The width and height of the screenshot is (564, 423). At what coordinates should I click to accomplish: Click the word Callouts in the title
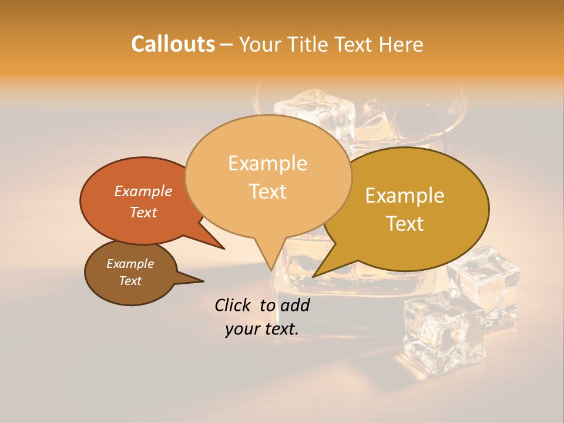(x=173, y=44)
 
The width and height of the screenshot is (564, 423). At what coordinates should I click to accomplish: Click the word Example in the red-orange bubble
(x=143, y=191)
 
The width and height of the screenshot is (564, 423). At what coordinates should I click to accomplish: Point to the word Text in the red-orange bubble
(x=143, y=212)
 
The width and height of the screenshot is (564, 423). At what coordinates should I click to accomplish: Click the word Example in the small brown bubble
(x=130, y=264)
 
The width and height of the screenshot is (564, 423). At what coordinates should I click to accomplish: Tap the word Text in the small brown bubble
(x=130, y=281)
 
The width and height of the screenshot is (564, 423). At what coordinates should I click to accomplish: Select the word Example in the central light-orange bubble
(x=267, y=163)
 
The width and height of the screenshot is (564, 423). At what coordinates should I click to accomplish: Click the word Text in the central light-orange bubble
(x=267, y=192)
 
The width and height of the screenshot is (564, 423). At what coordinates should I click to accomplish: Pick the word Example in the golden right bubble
(x=405, y=196)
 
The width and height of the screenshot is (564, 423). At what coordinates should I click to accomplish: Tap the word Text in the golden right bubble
(x=405, y=224)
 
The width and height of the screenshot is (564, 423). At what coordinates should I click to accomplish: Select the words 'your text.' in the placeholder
(x=262, y=329)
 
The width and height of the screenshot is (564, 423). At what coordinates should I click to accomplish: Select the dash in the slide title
(x=227, y=45)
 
